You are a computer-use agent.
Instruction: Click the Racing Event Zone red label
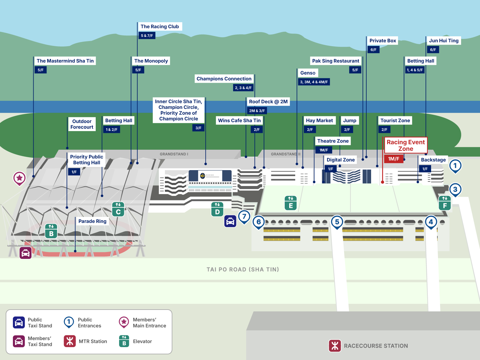point(406,145)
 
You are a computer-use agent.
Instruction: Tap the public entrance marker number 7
point(244,216)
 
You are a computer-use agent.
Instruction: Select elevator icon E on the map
point(291,203)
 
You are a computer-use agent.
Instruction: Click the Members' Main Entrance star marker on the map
point(19,178)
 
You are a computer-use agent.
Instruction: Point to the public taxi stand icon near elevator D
point(230,221)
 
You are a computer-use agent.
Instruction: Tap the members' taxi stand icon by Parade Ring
point(25,253)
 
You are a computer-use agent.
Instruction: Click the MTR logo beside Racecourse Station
point(335,346)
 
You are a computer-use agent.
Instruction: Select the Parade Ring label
point(92,221)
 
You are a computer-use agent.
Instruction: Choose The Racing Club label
point(160,26)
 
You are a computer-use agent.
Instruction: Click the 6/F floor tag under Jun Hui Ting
point(433,49)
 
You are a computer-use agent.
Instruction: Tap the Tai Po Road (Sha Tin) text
point(243,269)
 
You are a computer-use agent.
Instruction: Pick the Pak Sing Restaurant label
point(335,61)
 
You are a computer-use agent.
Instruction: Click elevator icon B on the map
point(51,231)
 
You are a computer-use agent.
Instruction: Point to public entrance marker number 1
point(455,166)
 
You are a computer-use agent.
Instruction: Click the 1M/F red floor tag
point(394,159)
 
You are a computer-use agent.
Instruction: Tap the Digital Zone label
point(340,160)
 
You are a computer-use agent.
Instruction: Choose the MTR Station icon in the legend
point(70,341)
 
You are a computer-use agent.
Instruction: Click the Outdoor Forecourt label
point(82,124)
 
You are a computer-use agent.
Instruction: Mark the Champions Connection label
point(224,79)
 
